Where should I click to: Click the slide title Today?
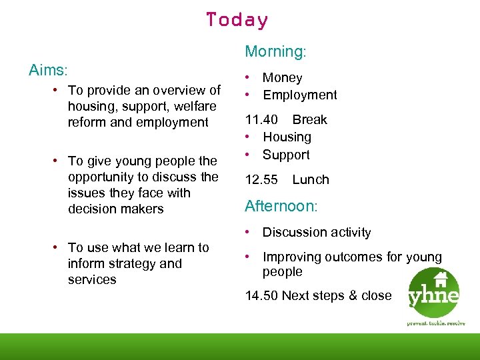(237, 20)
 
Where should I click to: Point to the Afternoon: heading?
(281, 206)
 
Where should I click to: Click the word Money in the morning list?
(283, 78)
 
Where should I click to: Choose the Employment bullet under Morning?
(300, 95)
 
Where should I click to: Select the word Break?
(310, 120)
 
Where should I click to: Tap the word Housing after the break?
(287, 137)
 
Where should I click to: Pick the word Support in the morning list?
(286, 155)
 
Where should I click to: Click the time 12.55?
(261, 179)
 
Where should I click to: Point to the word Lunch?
(311, 179)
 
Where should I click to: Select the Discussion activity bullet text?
(317, 233)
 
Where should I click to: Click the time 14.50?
(261, 295)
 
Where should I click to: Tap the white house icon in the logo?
(440, 279)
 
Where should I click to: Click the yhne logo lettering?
(435, 296)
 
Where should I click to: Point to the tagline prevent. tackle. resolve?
(436, 323)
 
